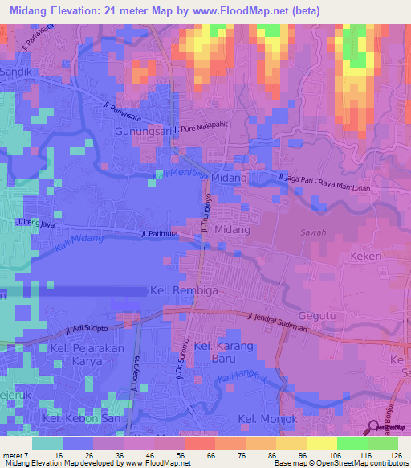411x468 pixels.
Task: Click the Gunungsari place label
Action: coord(143,131)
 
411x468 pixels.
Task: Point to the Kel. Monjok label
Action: coord(269,419)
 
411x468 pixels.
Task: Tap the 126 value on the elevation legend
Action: coord(396,455)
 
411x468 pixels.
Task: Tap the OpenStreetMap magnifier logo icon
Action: coord(375,428)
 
